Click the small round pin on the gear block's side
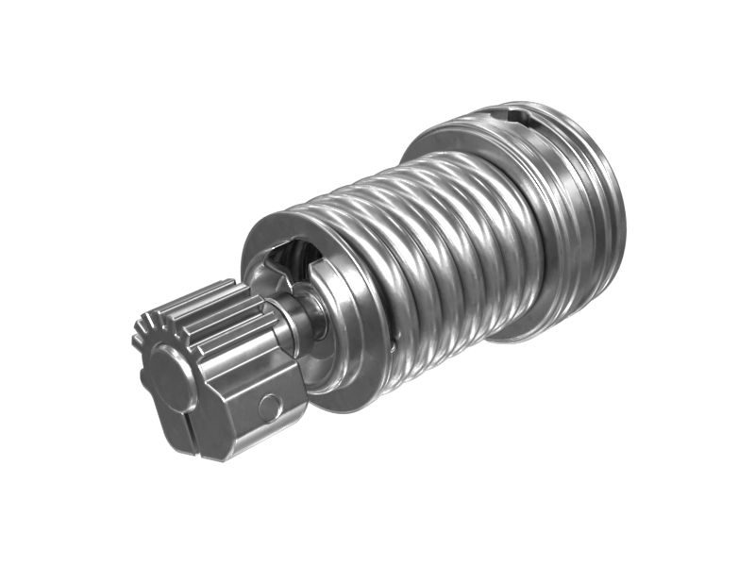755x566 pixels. click(x=270, y=407)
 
